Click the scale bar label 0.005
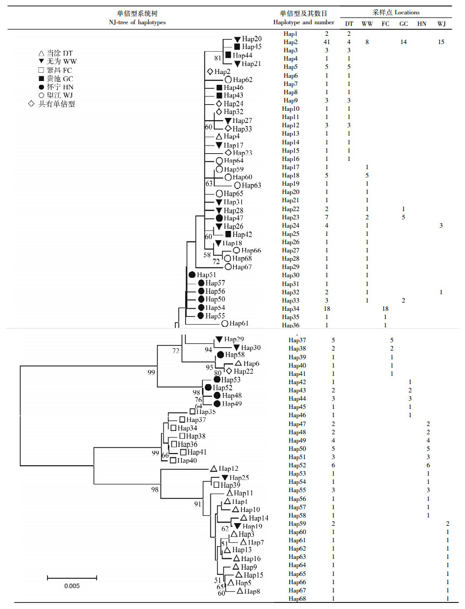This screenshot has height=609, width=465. point(72,586)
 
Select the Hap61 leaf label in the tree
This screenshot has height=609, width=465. point(239,324)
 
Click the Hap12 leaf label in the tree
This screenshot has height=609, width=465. point(229,468)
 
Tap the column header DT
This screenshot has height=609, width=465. point(349,23)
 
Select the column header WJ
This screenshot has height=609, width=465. point(442,23)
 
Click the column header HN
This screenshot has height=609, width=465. point(421,23)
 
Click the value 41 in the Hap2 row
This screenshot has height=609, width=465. point(326,42)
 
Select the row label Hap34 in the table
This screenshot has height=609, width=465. point(291,309)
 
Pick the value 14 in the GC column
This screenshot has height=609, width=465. point(403,42)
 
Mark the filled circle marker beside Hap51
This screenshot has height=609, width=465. point(192,274)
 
